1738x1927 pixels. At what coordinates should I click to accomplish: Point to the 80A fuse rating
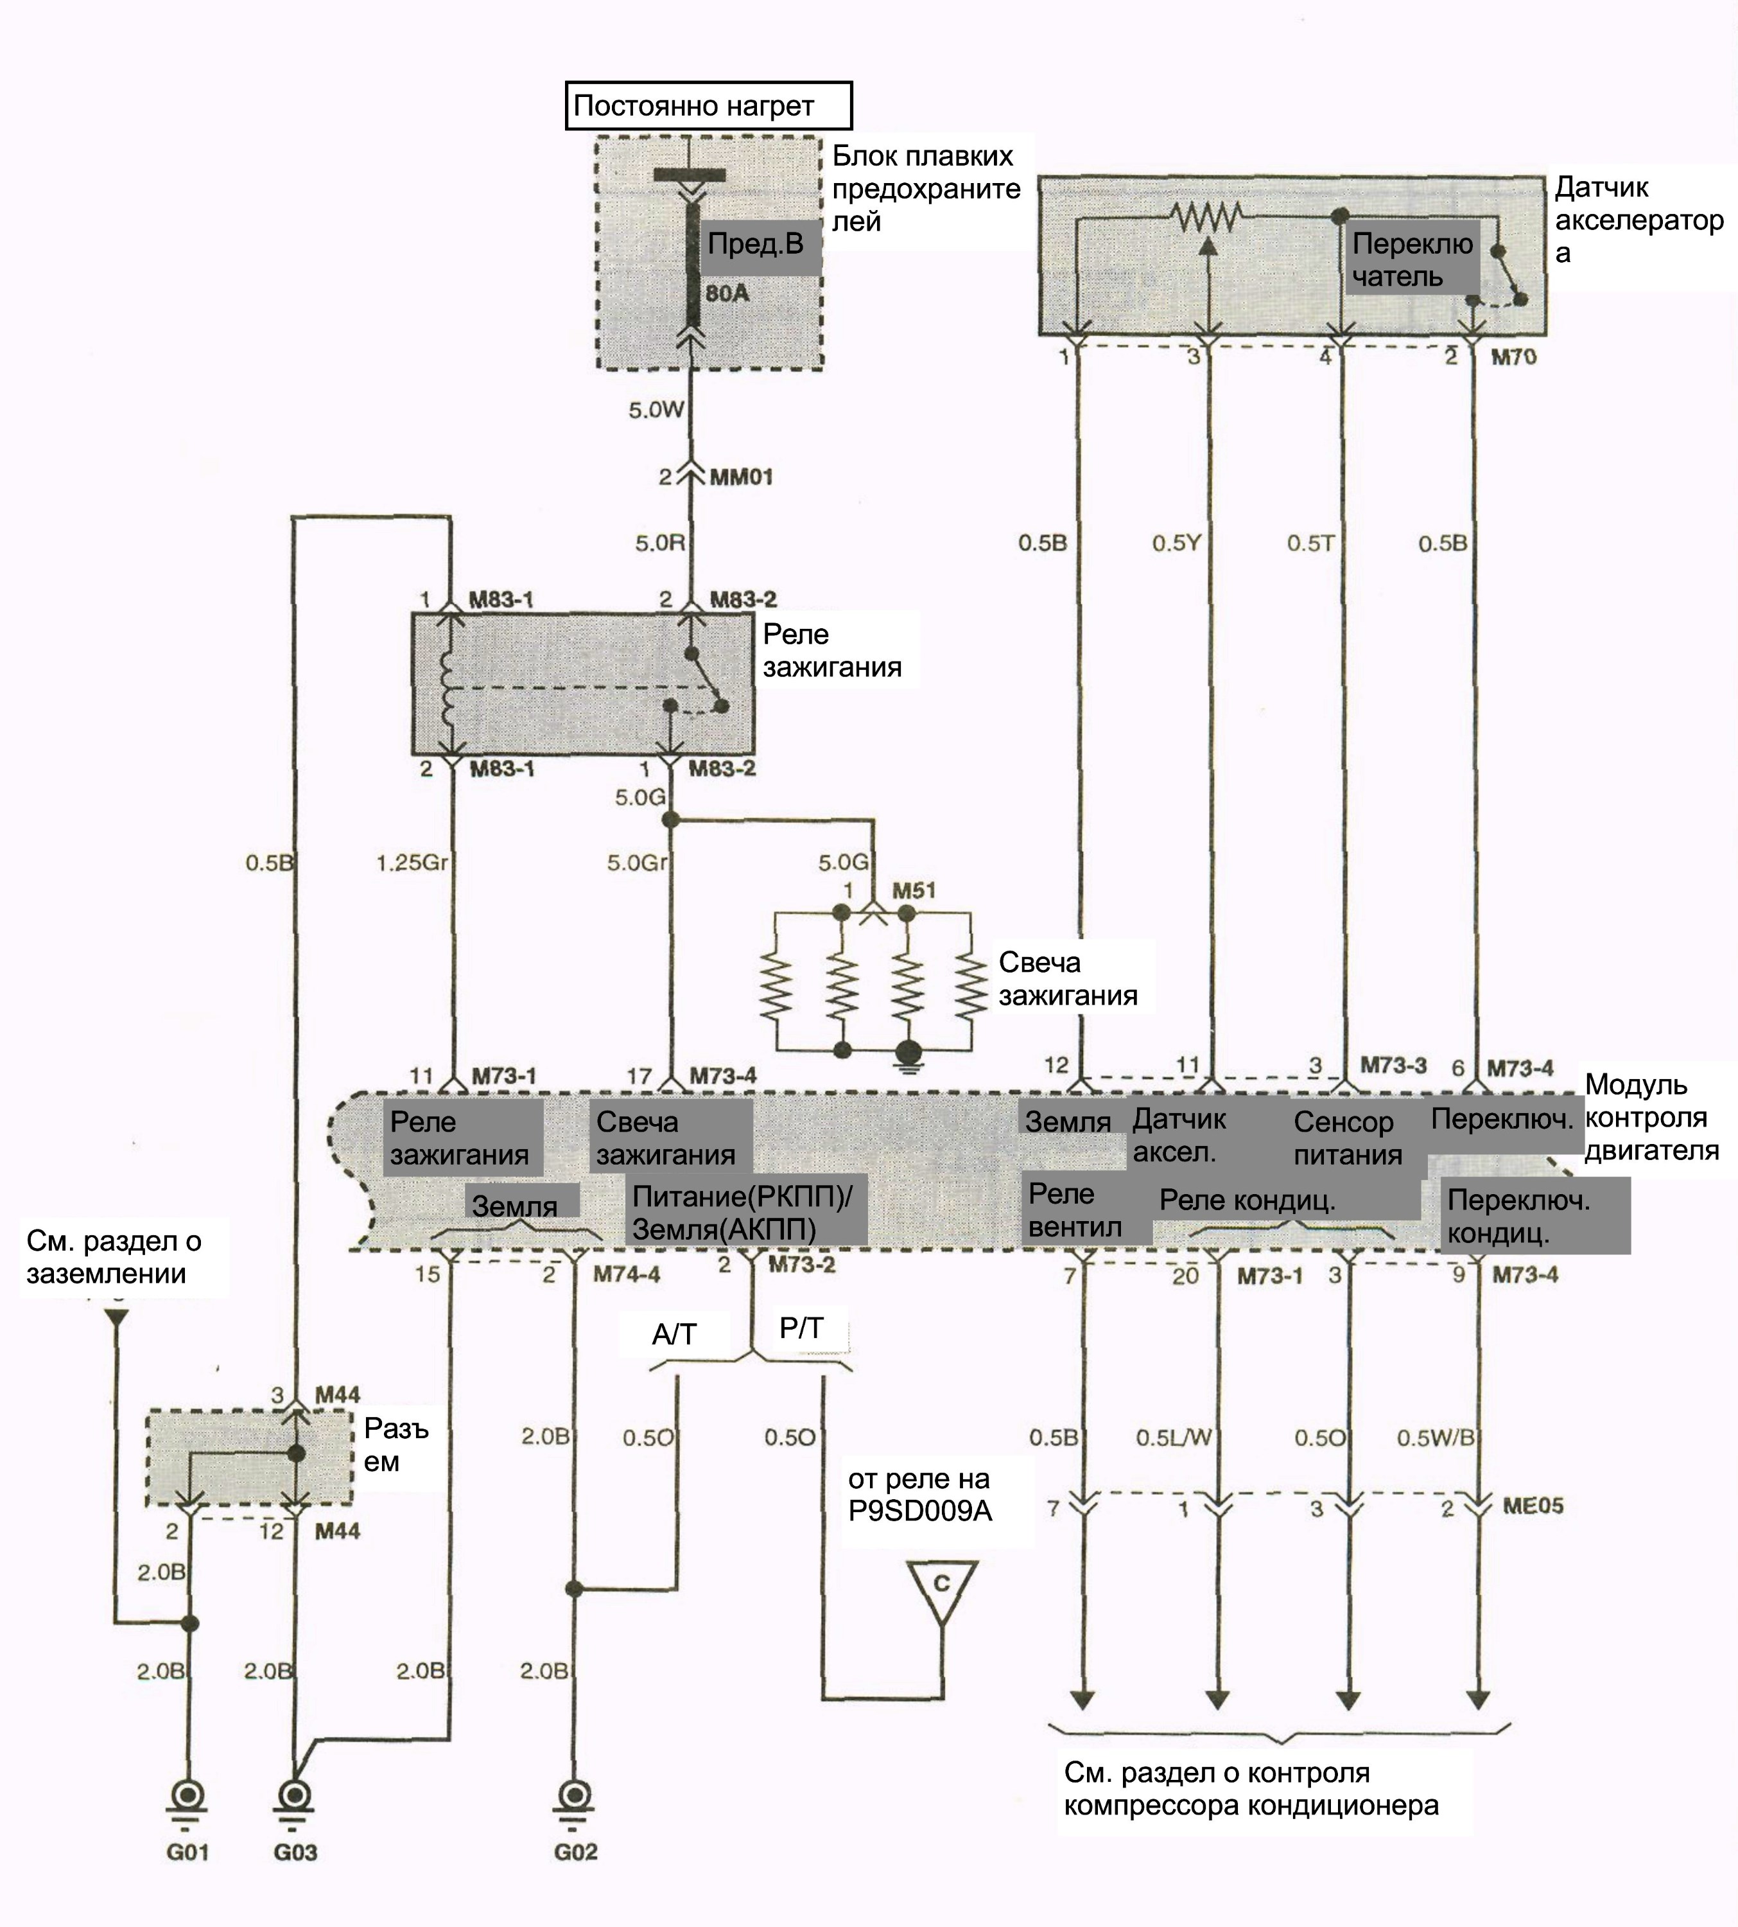pos(727,294)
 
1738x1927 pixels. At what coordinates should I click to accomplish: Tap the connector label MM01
pos(741,476)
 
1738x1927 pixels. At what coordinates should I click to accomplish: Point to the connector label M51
pos(914,890)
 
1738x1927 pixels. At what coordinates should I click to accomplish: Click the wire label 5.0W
pos(656,410)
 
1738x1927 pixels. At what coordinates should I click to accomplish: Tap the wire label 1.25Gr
pos(412,863)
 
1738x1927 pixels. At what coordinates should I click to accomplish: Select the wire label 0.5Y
pos(1176,543)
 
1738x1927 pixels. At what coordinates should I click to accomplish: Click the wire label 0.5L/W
pos(1174,1437)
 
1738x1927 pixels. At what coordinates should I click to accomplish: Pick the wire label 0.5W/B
pos(1436,1437)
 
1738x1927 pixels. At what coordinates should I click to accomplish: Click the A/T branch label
pos(674,1333)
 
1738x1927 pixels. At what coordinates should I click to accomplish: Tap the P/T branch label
pos(801,1327)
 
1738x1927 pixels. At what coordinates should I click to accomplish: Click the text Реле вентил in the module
pos(1075,1210)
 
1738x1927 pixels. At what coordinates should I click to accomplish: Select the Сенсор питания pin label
pos(1348,1138)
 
